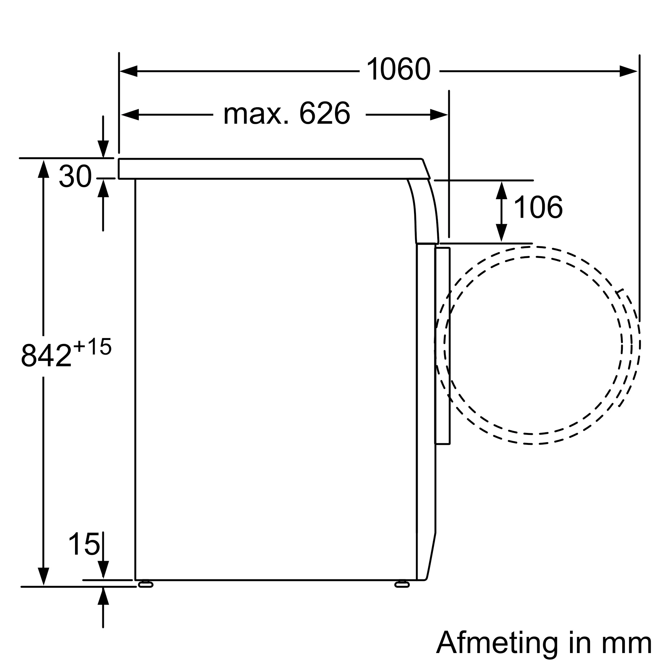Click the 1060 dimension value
pyautogui.click(x=398, y=69)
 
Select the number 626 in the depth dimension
pyautogui.click(x=324, y=114)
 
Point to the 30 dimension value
pyautogui.click(x=75, y=176)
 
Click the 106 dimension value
pyautogui.click(x=538, y=207)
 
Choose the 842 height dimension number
pyautogui.click(x=46, y=356)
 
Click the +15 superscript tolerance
pyautogui.click(x=92, y=346)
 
